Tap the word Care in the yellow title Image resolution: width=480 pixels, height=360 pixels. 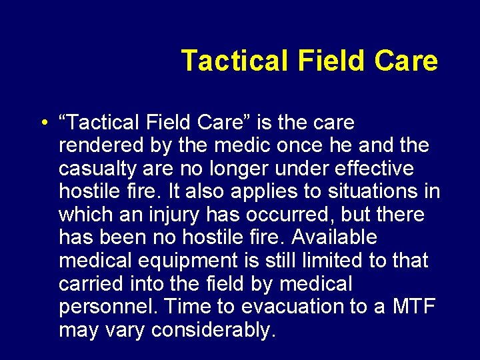[x=406, y=61]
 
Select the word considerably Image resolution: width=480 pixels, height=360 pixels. [x=213, y=329]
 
